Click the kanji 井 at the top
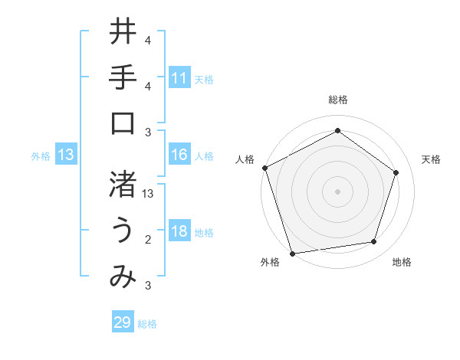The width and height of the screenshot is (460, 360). coord(123,33)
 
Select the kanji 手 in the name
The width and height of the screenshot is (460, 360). coord(123,77)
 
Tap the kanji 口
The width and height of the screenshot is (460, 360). coord(123,123)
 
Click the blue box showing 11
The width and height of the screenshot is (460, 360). coord(179,78)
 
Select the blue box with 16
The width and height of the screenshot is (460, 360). coord(179,155)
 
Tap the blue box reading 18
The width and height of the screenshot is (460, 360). coord(179,231)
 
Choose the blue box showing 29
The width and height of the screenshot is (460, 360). coord(123,322)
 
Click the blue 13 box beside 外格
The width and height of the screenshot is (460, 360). coord(66,155)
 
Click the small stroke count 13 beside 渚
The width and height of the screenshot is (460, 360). coord(149,195)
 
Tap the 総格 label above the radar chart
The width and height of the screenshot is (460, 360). coord(337,100)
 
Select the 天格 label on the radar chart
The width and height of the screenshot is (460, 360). coord(431,159)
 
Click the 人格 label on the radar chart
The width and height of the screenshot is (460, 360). coord(245,159)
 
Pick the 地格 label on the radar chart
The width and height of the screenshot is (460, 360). coord(402,263)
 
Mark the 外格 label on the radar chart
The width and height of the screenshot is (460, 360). coord(270,263)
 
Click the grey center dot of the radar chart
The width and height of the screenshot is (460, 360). coord(337,191)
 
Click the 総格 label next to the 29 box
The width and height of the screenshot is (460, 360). coord(147,324)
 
